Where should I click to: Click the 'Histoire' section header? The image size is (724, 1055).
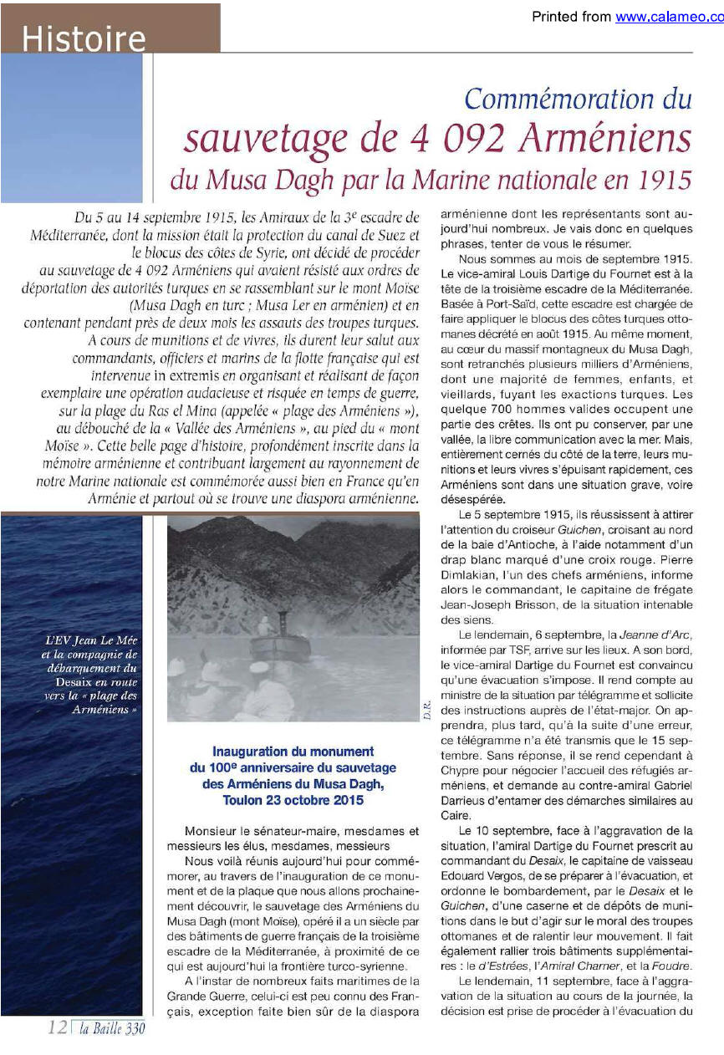pyautogui.click(x=84, y=39)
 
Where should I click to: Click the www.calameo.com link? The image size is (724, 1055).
pyautogui.click(x=669, y=17)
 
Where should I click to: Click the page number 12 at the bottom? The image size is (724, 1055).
pyautogui.click(x=58, y=1028)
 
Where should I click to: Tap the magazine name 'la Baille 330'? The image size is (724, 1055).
pyautogui.click(x=111, y=1029)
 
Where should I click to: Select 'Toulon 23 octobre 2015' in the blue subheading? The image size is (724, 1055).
pyautogui.click(x=293, y=800)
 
